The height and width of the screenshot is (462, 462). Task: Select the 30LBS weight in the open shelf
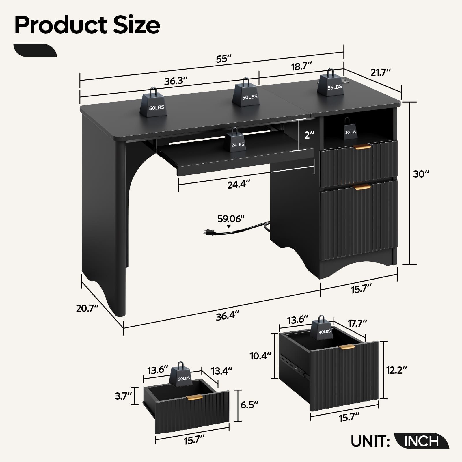tap(350, 128)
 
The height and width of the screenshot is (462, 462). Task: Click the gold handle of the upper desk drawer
tap(362, 147)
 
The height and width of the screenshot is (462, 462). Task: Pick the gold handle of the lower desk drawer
tap(362, 187)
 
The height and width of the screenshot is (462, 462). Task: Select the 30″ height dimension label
tap(421, 174)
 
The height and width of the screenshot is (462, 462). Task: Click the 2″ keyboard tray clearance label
tap(309, 135)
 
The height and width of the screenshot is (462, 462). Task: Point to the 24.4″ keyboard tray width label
tap(239, 184)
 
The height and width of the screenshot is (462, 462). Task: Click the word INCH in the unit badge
tap(422, 441)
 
